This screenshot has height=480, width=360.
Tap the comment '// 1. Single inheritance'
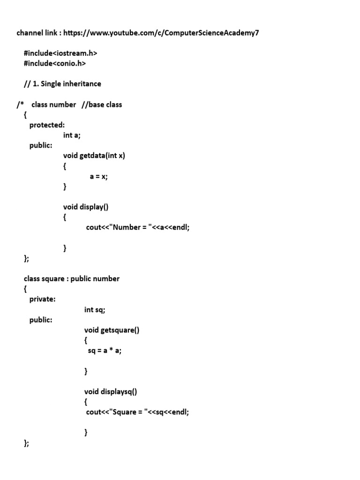[62, 84]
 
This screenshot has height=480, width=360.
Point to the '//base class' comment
[101, 105]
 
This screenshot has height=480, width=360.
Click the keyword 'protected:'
[47, 125]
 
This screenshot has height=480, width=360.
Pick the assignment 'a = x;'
[99, 177]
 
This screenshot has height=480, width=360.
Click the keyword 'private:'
[42, 299]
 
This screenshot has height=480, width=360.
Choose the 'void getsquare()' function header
[112, 330]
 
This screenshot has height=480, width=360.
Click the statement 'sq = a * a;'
[105, 351]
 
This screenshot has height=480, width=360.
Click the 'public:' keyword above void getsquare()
[41, 320]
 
